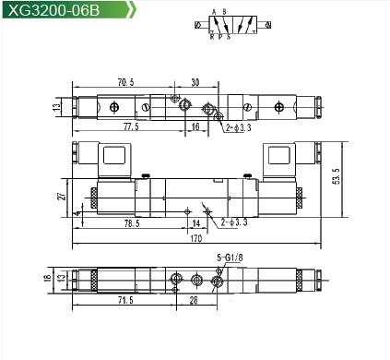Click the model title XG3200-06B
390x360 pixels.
[53, 10]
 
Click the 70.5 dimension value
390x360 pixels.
[126, 82]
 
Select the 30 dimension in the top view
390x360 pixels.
[195, 82]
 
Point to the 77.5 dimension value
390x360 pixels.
[131, 126]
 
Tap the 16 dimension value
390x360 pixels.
[195, 126]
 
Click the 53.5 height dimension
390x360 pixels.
[337, 176]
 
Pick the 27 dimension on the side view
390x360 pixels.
[63, 196]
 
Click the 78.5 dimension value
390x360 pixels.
[132, 223]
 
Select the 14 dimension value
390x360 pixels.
[196, 223]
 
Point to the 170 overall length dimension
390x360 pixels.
[196, 238]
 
